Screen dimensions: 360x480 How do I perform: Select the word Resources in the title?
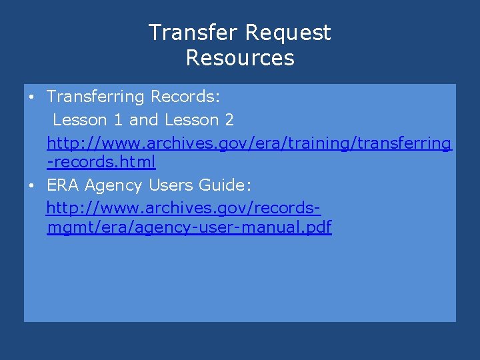(240, 58)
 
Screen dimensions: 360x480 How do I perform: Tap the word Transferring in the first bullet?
(95, 97)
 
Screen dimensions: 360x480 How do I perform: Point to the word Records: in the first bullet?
(185, 97)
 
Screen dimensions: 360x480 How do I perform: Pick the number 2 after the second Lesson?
(229, 120)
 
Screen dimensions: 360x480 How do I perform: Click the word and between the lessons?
(144, 120)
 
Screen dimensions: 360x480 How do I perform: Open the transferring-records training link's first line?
(249, 143)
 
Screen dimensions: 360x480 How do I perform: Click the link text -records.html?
(101, 162)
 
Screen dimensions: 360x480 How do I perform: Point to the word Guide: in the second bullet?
(227, 185)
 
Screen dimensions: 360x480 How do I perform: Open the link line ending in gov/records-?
(183, 209)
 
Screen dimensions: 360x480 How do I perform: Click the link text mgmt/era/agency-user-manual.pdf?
(189, 228)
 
